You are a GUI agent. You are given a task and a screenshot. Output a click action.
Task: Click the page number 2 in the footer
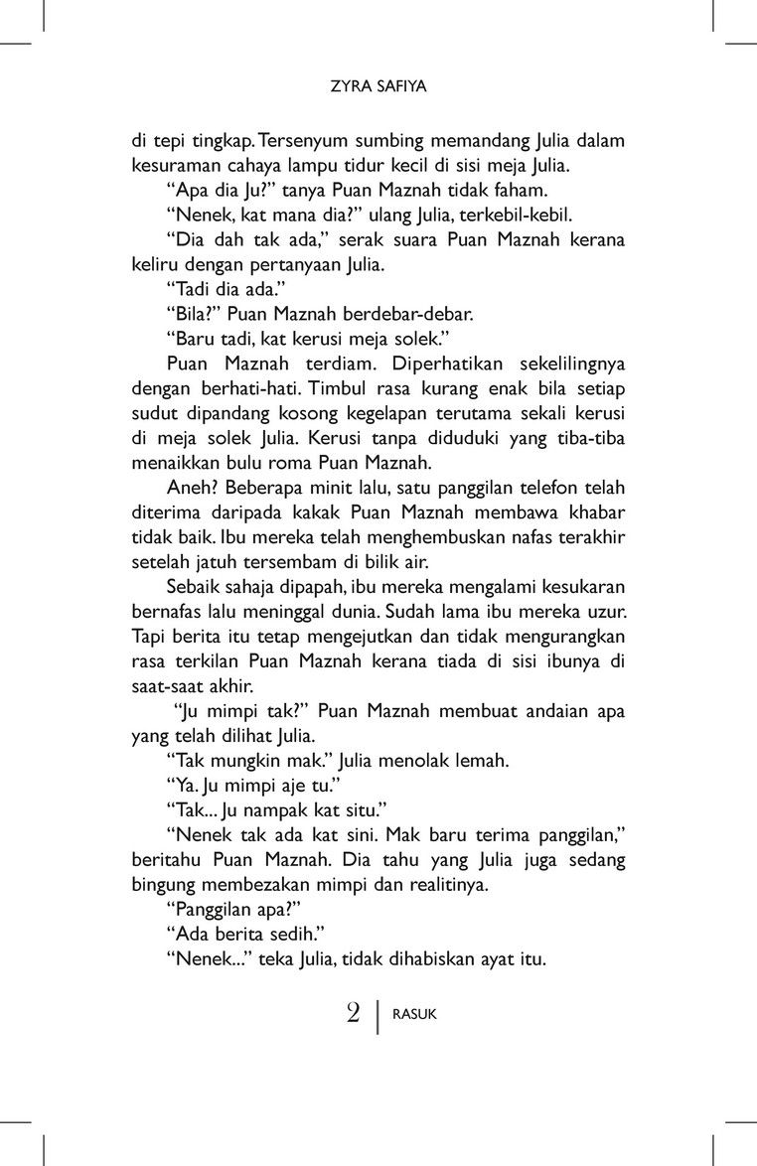pyautogui.click(x=353, y=1014)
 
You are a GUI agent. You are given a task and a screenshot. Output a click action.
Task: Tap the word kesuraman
pyautogui.click(x=177, y=166)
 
